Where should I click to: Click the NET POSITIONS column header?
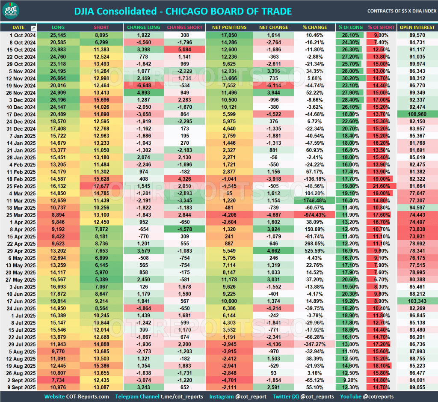pos(229,27)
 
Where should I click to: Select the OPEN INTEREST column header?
pos(417,27)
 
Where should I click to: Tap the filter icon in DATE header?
pos(34,28)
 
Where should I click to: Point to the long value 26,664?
pos(58,78)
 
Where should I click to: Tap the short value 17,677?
pos(101,187)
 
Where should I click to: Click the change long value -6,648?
pos(143,85)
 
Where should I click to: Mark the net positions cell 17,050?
pos(229,35)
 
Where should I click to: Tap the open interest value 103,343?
pos(417,301)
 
